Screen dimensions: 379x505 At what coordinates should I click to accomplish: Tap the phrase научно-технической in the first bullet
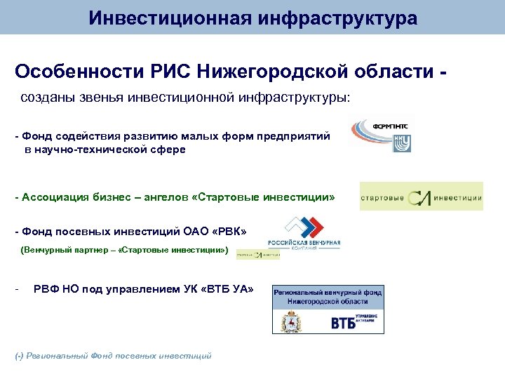(x=83, y=149)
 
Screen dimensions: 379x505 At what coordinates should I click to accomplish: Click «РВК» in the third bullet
(x=229, y=232)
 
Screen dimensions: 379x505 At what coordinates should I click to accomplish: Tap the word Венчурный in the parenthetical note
(x=47, y=249)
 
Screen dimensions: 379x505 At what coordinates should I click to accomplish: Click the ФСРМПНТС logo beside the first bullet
(x=382, y=135)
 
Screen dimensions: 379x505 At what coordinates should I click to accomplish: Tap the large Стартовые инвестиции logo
(x=421, y=197)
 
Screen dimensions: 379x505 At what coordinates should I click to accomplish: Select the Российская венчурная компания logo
(x=304, y=236)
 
